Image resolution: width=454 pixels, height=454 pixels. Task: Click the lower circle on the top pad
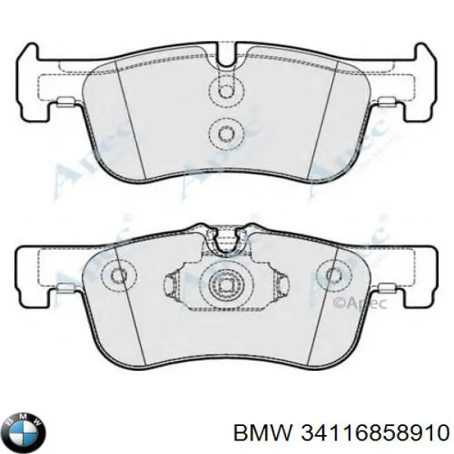[x=226, y=133]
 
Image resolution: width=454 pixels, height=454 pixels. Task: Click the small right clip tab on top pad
[x=387, y=104]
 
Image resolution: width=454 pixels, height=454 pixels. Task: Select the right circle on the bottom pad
[x=334, y=275]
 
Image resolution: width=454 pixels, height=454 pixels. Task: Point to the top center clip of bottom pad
[x=226, y=241]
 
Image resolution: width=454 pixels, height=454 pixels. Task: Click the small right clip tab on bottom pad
[x=387, y=289]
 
